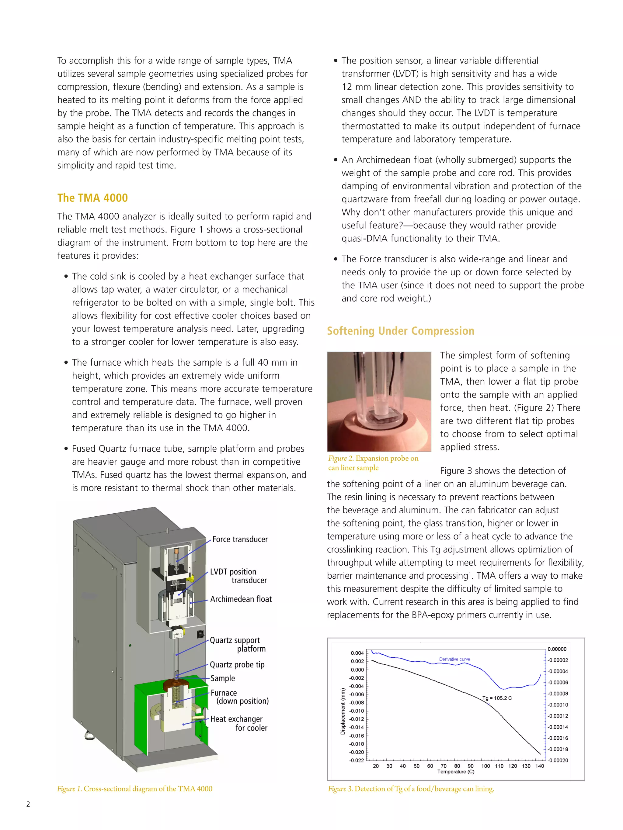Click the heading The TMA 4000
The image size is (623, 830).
click(x=92, y=198)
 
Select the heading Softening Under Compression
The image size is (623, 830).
click(x=400, y=331)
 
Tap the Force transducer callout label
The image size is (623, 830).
click(x=240, y=539)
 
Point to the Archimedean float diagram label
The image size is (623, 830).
click(x=241, y=599)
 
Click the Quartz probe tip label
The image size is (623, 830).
click(x=237, y=665)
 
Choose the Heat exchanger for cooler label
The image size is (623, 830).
click(x=238, y=723)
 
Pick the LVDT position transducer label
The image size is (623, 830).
click(x=238, y=576)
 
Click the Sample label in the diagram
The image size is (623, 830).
click(x=222, y=678)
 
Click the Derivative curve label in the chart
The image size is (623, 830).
click(x=454, y=659)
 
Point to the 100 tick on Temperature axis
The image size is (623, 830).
click(x=485, y=766)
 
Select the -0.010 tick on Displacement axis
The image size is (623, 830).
click(x=357, y=711)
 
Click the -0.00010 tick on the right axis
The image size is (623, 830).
click(x=558, y=705)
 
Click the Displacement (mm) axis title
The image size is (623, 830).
click(x=343, y=711)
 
